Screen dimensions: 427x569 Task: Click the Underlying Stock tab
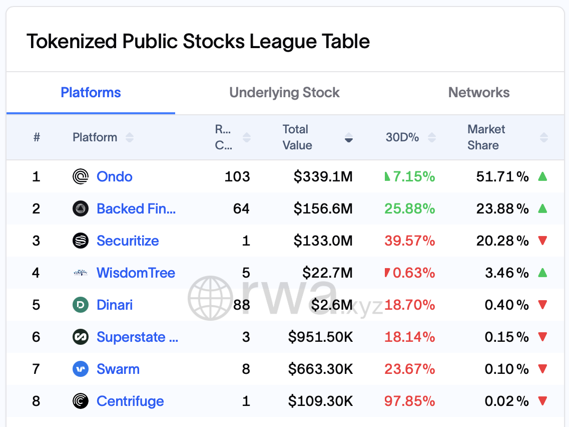point(284,93)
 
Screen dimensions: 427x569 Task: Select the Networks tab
point(479,93)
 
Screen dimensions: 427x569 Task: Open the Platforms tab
point(91,93)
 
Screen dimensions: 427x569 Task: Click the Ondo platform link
point(115,176)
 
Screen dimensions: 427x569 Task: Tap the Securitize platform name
point(128,241)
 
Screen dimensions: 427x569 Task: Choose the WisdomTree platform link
point(136,273)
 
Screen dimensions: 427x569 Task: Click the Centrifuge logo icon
point(81,401)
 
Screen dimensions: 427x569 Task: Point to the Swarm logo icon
point(81,369)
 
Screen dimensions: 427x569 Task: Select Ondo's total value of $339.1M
point(323,176)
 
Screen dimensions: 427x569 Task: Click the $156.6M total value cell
point(323,208)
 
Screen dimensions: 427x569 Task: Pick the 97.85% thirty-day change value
point(409,401)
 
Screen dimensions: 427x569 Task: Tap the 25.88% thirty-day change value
point(409,208)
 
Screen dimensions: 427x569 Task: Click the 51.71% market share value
point(501,176)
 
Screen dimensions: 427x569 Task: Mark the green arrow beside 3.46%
point(542,273)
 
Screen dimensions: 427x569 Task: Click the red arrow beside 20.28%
point(542,241)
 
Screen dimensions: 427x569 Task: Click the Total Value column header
point(297,137)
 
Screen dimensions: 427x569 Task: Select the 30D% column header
point(402,137)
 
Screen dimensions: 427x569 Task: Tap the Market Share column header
point(486,137)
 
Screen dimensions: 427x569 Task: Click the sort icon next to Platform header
point(130,137)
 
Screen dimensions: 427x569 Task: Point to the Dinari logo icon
point(81,305)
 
